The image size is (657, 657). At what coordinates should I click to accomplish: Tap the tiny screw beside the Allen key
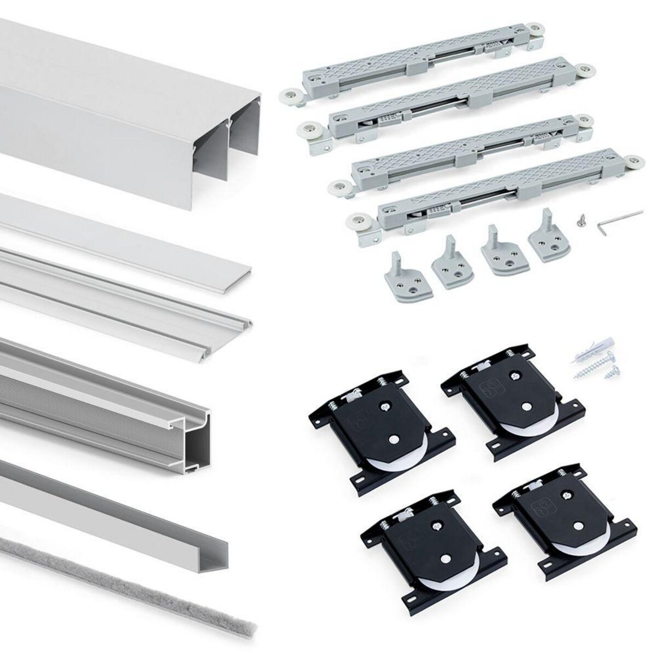pyautogui.click(x=580, y=221)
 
